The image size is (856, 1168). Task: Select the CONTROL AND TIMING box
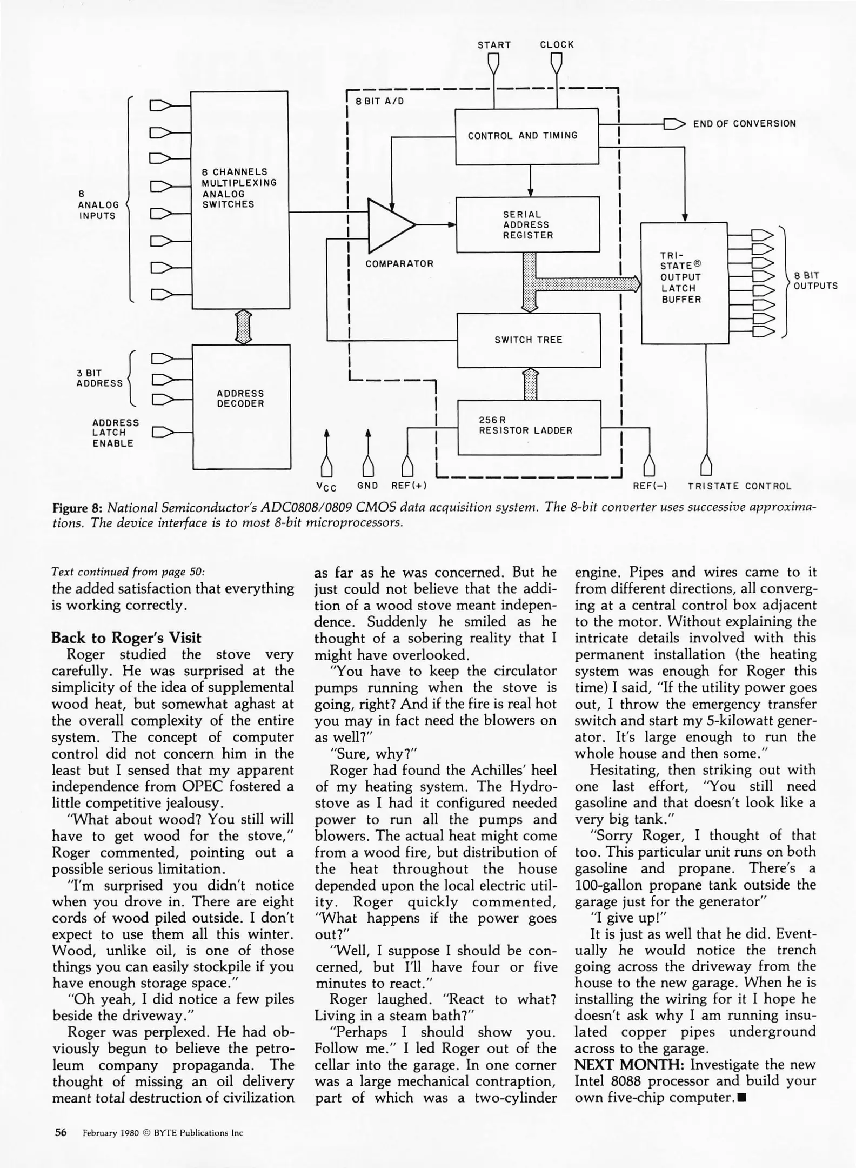[x=526, y=136]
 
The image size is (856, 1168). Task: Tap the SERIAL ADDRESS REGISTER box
[x=528, y=224]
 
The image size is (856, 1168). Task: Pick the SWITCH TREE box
[x=529, y=340]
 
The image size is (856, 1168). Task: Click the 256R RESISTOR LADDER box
[x=529, y=427]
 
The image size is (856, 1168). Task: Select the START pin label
[x=494, y=45]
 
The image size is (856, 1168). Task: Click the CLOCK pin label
[x=557, y=45]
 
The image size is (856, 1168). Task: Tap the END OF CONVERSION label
[x=744, y=124]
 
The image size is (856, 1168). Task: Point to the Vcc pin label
[x=326, y=487]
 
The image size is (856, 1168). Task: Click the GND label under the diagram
[x=367, y=486]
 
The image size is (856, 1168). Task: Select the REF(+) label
[x=409, y=486]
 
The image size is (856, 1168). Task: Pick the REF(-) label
[x=650, y=486]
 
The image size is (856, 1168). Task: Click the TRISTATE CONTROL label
[x=739, y=486]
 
